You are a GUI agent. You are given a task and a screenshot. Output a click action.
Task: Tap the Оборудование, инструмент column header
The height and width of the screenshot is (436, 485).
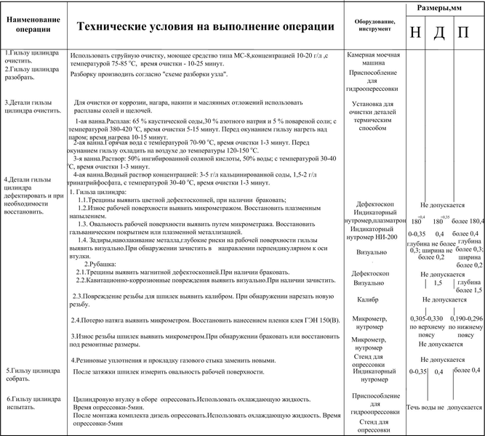[375, 25]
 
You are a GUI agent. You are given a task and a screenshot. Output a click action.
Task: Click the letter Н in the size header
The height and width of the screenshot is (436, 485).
[414, 33]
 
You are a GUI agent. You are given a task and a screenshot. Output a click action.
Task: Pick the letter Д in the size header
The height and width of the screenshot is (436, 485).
[438, 33]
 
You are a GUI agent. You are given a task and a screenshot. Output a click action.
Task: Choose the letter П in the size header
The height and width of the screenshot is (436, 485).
[463, 33]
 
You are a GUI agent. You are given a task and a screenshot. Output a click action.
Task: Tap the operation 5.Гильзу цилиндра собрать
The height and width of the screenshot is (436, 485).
[30, 374]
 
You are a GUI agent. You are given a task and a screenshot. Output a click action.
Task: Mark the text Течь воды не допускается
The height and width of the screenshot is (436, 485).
[444, 408]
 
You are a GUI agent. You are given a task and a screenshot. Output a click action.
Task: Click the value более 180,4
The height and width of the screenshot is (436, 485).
[467, 221]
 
